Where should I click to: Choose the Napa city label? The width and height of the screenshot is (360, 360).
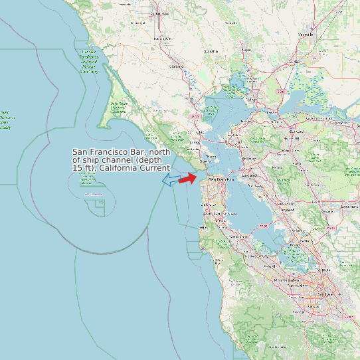click(246, 50)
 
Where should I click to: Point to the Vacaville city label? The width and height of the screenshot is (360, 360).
click(306, 33)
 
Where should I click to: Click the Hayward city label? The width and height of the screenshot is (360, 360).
click(288, 210)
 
